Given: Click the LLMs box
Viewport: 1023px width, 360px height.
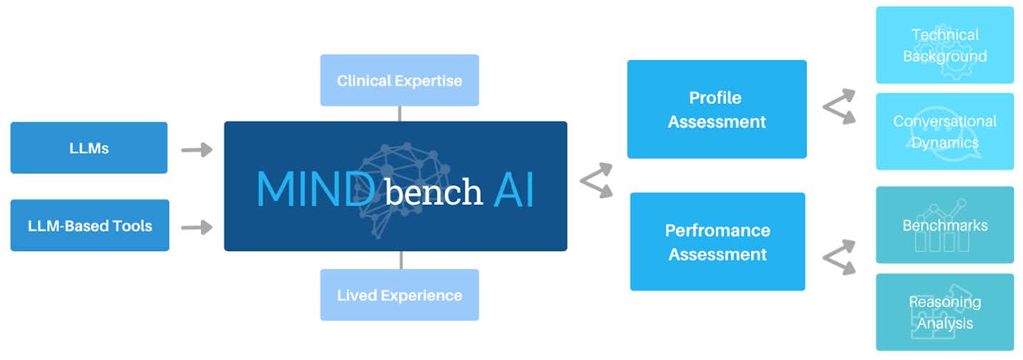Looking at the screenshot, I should click(x=89, y=148).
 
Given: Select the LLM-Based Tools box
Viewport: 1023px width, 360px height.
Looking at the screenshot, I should click(x=89, y=225).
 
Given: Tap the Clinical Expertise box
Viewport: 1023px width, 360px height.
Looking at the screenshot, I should click(x=399, y=80).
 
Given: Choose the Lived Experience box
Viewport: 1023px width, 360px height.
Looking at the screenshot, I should click(x=399, y=295).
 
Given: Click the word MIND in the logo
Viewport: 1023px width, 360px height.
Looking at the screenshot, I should click(x=315, y=190).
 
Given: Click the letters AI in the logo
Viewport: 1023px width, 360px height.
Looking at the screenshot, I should click(x=514, y=190).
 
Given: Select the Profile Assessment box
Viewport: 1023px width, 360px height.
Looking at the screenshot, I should click(x=716, y=110).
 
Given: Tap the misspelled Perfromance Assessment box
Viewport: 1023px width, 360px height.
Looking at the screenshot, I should click(x=717, y=242).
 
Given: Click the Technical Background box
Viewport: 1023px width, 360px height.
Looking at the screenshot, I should click(x=944, y=45).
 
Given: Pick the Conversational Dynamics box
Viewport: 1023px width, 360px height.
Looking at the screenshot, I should click(x=944, y=132).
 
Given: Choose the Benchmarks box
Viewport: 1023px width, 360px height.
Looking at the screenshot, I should click(x=944, y=225).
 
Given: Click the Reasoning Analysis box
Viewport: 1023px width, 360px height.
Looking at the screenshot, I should click(x=944, y=312).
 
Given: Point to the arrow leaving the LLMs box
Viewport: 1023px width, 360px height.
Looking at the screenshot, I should click(x=197, y=150).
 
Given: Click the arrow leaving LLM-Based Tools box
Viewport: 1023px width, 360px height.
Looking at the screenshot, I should click(x=197, y=228).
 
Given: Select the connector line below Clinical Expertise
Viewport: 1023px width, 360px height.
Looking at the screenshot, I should click(x=399, y=114).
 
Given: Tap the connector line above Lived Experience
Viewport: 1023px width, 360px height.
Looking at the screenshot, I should click(x=400, y=260).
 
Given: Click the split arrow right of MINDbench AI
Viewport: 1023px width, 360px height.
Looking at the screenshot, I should click(x=597, y=180).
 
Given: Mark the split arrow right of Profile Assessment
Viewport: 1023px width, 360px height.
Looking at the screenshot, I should click(x=839, y=107).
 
